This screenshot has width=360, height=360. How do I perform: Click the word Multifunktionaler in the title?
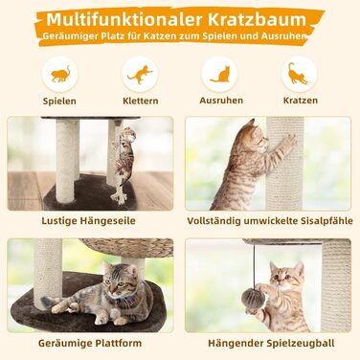pos(124,19)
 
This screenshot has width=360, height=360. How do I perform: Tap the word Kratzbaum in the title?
pos(257,19)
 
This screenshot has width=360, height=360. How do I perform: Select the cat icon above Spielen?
pos(60,74)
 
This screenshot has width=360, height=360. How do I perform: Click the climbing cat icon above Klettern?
pos(140,75)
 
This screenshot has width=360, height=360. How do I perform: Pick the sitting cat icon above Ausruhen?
pos(220,74)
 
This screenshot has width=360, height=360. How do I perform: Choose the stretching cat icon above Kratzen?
pos(298,74)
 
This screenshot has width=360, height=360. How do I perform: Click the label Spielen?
pos(59,101)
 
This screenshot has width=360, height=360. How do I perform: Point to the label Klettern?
pos(141,101)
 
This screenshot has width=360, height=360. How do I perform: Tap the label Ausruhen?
pos(221,101)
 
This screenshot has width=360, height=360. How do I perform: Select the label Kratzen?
pos(301,101)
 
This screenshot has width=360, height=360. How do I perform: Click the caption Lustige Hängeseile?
pos(88,221)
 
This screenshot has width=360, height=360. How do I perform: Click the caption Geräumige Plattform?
pos(90,344)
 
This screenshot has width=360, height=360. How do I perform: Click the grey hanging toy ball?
pos(253,298)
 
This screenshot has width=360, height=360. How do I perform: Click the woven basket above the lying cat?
pos(127,248)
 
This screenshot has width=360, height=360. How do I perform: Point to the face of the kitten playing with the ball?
pos(285,277)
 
